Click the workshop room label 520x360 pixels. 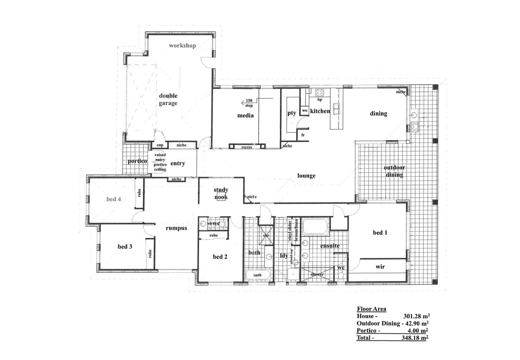pyautogui.click(x=182, y=46)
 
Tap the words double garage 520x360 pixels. pyautogui.click(x=168, y=99)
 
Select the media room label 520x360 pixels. pyautogui.click(x=245, y=116)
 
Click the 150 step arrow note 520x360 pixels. pyautogui.click(x=248, y=103)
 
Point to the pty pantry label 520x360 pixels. pyautogui.click(x=292, y=113)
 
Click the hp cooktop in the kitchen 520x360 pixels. pyautogui.click(x=320, y=93)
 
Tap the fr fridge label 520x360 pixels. pyautogui.click(x=303, y=135)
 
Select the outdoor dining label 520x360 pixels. pyautogui.click(x=394, y=171)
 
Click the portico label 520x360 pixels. pyautogui.click(x=137, y=161)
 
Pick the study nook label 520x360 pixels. pyautogui.click(x=221, y=193)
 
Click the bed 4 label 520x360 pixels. pyautogui.click(x=114, y=199)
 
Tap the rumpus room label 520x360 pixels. pyautogui.click(x=176, y=228)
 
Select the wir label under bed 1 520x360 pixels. pyautogui.click(x=380, y=267)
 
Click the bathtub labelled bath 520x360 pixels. pyautogui.click(x=258, y=275)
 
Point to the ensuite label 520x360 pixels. pyautogui.click(x=330, y=246)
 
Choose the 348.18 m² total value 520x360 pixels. pyautogui.click(x=415, y=338)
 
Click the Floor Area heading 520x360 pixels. pyautogui.click(x=371, y=309)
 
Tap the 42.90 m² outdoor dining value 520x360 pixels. pyautogui.click(x=417, y=323)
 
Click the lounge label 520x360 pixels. pyautogui.click(x=306, y=176)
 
